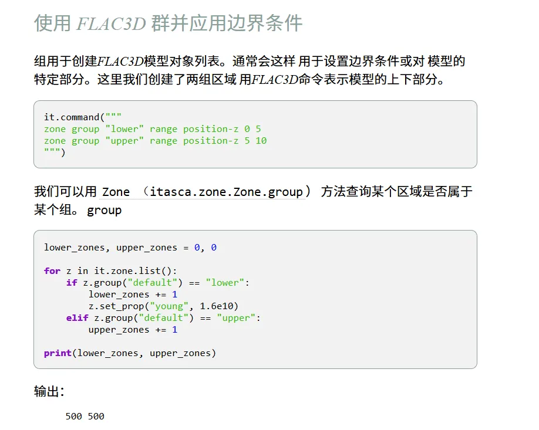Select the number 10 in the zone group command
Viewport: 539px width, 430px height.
click(x=261, y=141)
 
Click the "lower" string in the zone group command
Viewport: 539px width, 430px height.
click(x=124, y=129)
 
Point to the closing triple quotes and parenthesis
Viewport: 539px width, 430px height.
click(x=55, y=153)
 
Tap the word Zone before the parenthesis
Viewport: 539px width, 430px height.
click(x=116, y=192)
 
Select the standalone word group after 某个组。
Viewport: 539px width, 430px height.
click(x=104, y=210)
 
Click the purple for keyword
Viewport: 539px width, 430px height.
click(x=52, y=271)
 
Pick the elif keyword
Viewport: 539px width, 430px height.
click(x=77, y=318)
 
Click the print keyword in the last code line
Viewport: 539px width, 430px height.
click(x=58, y=353)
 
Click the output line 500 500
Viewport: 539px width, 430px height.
click(x=85, y=417)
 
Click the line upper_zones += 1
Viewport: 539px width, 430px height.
click(x=133, y=330)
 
